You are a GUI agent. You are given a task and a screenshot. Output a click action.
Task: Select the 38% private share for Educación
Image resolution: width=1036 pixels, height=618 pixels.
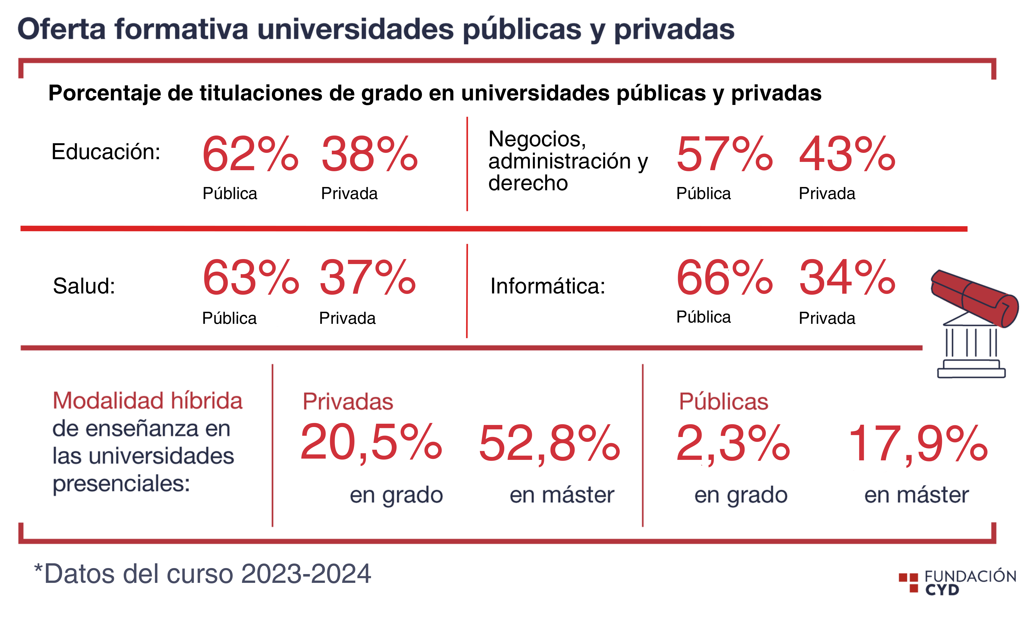[x=369, y=154]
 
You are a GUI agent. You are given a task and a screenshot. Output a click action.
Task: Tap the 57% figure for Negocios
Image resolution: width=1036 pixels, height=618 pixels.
[x=724, y=154]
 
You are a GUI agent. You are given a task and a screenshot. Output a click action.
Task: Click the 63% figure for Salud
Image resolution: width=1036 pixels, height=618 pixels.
[x=251, y=277]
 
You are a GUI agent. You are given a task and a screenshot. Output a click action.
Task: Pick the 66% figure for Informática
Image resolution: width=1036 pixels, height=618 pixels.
[x=724, y=277]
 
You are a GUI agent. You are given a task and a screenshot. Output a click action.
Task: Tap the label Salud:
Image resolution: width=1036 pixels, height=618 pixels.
[x=84, y=286]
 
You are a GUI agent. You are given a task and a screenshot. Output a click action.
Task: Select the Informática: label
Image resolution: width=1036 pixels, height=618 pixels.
[x=547, y=286]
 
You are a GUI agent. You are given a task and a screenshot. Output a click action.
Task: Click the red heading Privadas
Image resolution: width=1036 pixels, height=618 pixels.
[x=348, y=402]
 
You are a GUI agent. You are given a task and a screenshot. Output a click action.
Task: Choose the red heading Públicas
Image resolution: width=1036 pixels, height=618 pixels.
[x=723, y=402]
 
